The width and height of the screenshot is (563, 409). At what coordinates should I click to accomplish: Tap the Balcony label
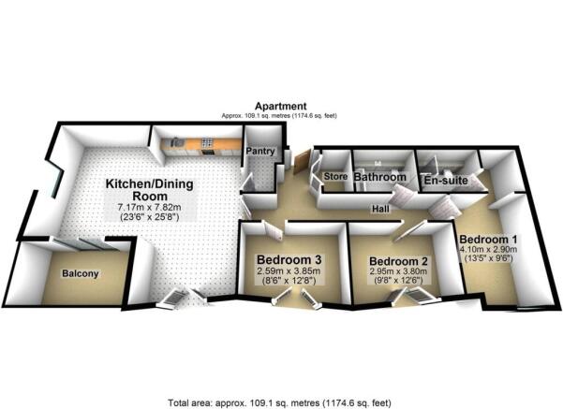click(81, 274)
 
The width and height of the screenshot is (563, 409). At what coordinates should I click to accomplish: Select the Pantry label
click(258, 150)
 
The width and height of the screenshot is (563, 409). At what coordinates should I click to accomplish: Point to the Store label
click(335, 176)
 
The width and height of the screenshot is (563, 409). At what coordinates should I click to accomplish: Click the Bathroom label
click(380, 177)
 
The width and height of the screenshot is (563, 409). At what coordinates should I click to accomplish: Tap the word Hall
click(378, 210)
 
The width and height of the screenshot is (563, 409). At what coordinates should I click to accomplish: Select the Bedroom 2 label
click(398, 261)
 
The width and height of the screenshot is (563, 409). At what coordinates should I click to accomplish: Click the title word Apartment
click(278, 107)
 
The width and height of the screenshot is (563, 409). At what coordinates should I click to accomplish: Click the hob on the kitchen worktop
click(207, 142)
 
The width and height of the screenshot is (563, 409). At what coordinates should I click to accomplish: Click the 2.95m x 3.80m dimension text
click(398, 272)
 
